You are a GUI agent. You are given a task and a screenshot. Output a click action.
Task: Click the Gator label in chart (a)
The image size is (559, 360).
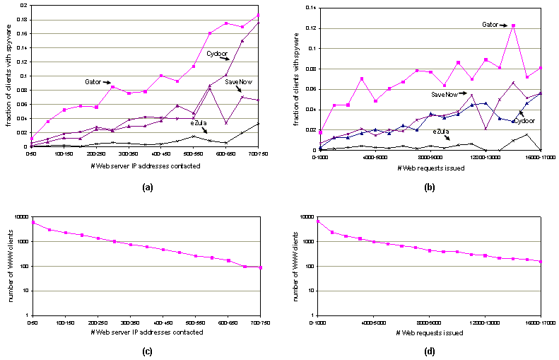[x=98, y=82]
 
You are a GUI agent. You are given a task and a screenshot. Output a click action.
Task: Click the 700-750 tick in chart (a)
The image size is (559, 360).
[x=259, y=153]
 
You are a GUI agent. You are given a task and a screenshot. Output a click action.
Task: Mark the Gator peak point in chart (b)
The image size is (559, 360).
[x=513, y=25]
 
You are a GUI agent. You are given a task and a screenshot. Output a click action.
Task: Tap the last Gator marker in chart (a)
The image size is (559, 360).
[x=259, y=15]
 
